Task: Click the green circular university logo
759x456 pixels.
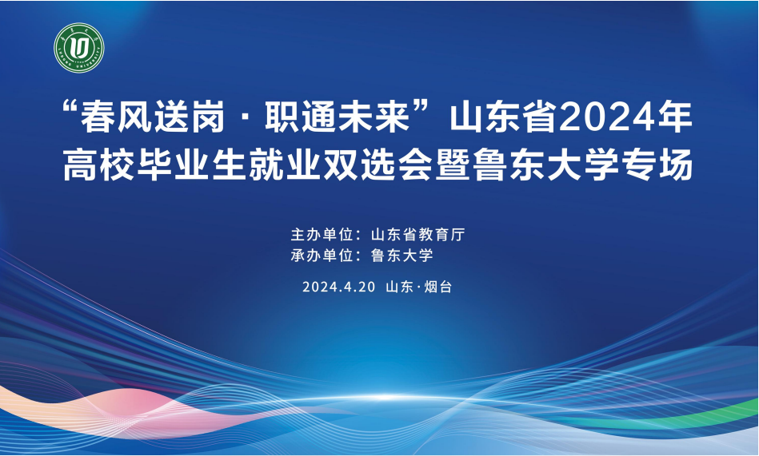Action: coord(79,48)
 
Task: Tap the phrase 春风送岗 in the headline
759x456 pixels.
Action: coord(153,117)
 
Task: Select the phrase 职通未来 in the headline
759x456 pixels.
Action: coord(338,117)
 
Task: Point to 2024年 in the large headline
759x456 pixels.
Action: coord(626,117)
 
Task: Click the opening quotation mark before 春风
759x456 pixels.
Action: coord(72,107)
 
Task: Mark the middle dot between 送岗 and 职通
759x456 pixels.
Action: coord(246,118)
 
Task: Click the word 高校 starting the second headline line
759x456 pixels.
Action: coord(99,165)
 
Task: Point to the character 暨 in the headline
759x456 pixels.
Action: coord(453,165)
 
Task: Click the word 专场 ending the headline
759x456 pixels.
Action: coord(658,165)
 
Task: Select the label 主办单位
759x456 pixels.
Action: coord(322,235)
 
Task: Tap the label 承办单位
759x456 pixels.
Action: coord(322,256)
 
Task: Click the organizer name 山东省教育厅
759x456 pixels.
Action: coord(417,235)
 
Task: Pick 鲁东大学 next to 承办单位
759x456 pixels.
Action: coord(401,256)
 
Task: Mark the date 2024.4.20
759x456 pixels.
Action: coord(339,287)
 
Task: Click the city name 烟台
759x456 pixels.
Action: coord(438,287)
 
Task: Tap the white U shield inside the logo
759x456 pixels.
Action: coord(79,47)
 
